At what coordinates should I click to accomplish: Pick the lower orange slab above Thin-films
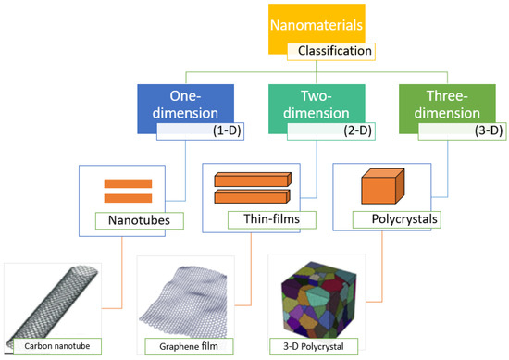[252, 196]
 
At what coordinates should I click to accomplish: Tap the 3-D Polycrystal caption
[320, 346]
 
